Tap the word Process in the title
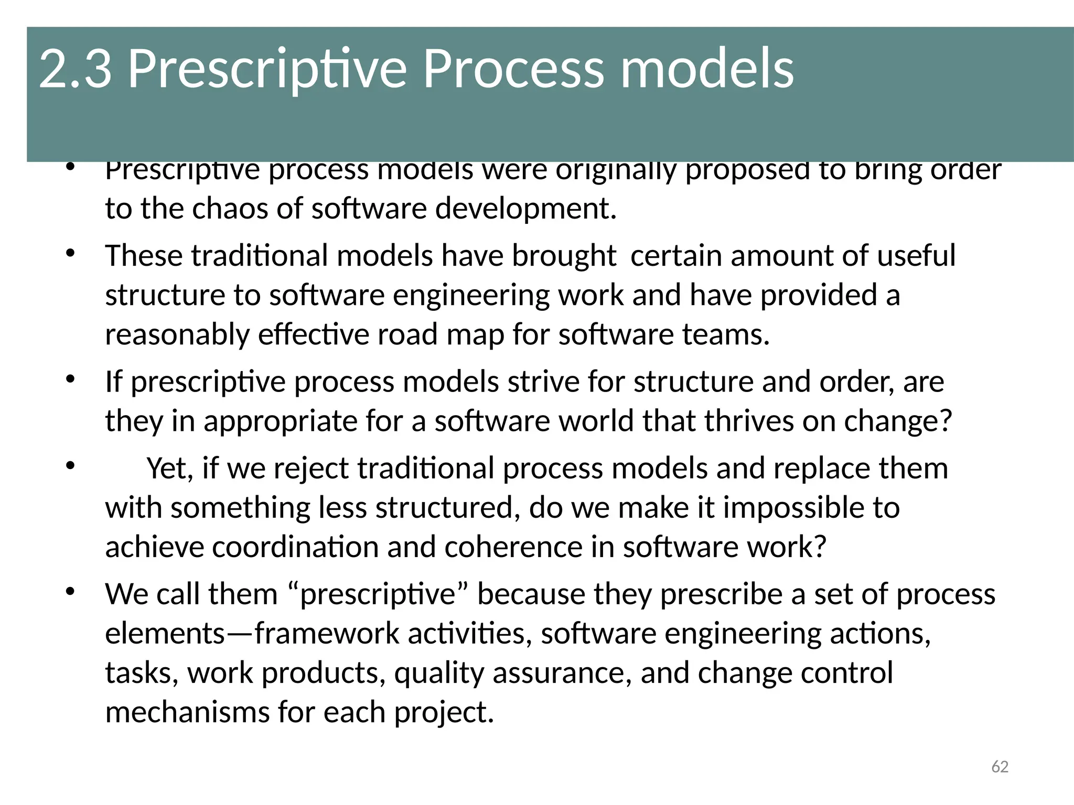pyautogui.click(x=513, y=69)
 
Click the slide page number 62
pyautogui.click(x=1000, y=767)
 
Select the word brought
pyautogui.click(x=564, y=256)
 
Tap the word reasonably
pyautogui.click(x=177, y=335)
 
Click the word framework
pyautogui.click(x=327, y=634)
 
